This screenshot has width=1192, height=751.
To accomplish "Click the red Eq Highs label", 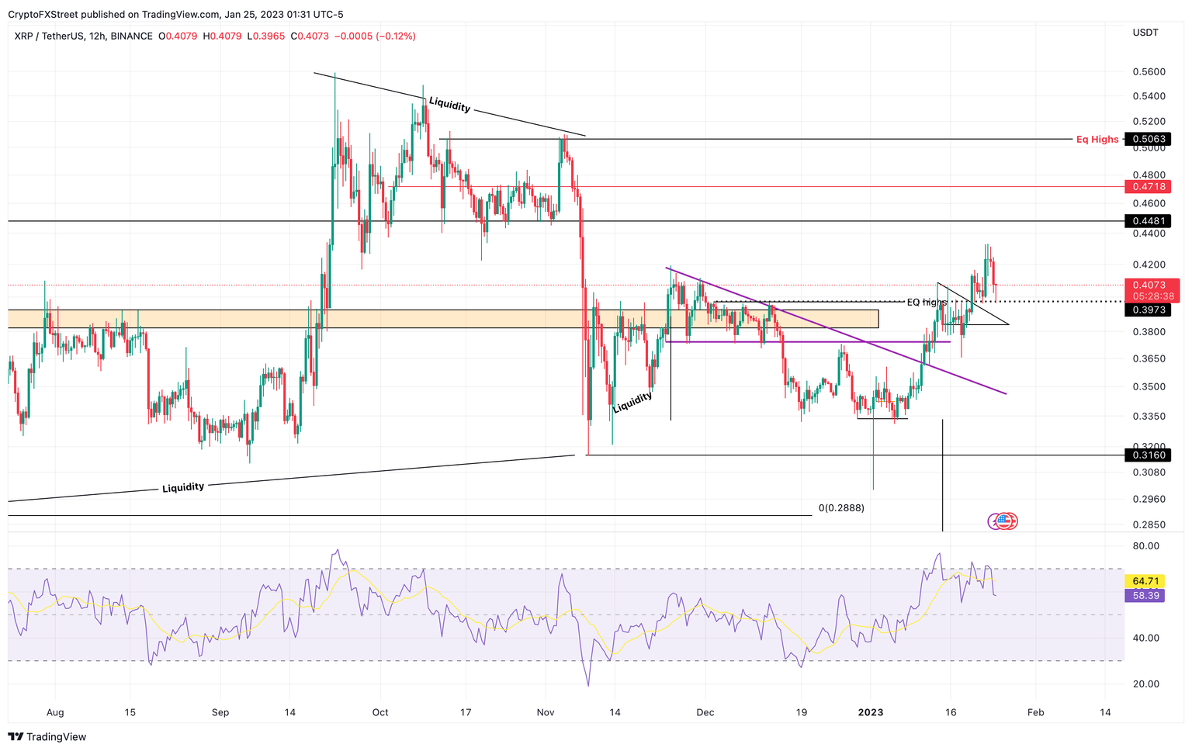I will click(x=1097, y=140).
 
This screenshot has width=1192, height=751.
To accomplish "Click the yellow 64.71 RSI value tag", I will click(x=1145, y=581).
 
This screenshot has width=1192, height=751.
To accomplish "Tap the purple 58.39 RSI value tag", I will click(x=1145, y=596).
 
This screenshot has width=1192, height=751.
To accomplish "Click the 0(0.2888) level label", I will click(x=841, y=508).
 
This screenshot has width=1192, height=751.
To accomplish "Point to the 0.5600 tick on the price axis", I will click(x=1149, y=72).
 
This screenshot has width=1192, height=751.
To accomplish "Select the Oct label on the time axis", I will click(x=380, y=712).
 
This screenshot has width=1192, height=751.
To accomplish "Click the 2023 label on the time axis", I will click(x=871, y=712).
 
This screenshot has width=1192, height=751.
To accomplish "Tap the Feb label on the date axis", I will click(x=1035, y=712).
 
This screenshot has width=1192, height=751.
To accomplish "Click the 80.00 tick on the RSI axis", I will click(x=1146, y=546).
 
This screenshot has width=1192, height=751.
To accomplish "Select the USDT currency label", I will click(x=1145, y=33).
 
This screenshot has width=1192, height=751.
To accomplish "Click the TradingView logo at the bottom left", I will click(x=47, y=737).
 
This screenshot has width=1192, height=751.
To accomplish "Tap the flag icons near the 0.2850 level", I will click(x=1003, y=521).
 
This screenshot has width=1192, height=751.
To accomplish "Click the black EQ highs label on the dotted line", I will click(x=927, y=303).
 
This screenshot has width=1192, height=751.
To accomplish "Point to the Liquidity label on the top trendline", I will click(x=449, y=104).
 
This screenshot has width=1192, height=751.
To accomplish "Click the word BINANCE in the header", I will click(x=131, y=36).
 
